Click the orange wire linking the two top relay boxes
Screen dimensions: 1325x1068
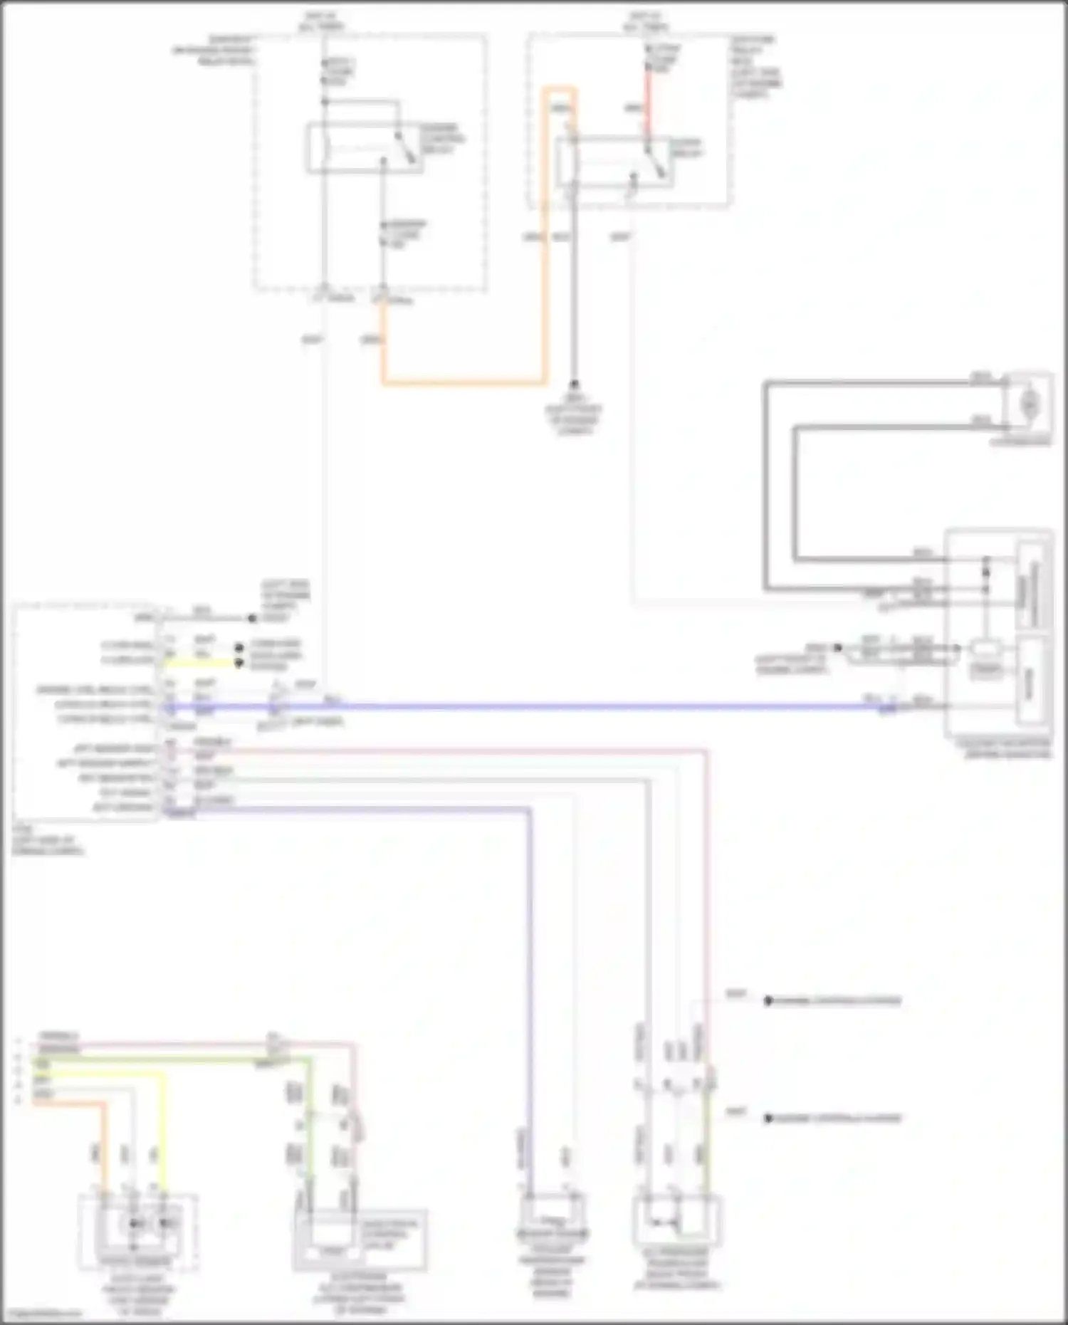click(463, 383)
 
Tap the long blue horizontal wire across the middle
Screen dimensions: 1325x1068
click(570, 707)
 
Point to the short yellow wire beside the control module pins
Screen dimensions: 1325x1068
click(199, 663)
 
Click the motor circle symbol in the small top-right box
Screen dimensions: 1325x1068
click(1028, 404)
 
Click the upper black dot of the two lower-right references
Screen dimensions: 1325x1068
click(768, 1001)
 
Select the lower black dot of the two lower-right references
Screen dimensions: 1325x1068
click(768, 1119)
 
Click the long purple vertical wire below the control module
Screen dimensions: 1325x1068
click(530, 997)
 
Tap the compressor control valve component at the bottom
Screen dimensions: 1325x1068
click(360, 1239)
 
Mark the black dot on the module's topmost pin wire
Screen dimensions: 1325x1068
click(251, 618)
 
